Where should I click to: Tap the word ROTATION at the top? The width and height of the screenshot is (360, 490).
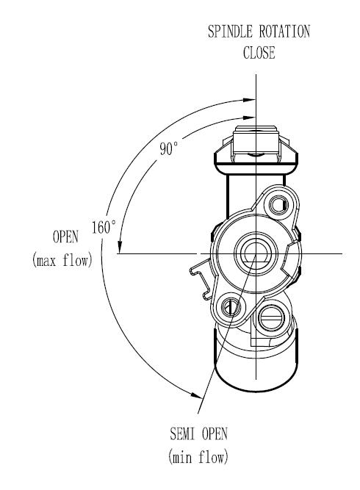[284, 32]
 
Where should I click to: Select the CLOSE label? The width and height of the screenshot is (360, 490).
[259, 52]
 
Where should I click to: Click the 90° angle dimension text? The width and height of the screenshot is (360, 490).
[169, 148]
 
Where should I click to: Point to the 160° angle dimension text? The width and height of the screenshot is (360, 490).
[104, 227]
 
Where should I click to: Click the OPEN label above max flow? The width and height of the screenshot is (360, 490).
[65, 237]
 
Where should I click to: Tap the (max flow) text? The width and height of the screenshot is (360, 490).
[62, 260]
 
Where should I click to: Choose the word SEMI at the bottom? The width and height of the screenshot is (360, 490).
[182, 433]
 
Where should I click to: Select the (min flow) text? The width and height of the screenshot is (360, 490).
[198, 457]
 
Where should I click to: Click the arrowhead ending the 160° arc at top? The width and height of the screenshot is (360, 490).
[250, 100]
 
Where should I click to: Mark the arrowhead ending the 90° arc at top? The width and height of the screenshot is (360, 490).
[250, 118]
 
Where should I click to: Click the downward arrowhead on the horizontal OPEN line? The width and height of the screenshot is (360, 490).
[119, 247]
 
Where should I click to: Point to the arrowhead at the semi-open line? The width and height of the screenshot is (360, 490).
[196, 395]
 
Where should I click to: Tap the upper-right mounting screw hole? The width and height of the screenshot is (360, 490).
[279, 206]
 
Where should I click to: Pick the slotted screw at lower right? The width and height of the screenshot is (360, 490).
[271, 318]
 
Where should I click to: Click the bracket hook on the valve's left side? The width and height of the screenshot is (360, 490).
[201, 278]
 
